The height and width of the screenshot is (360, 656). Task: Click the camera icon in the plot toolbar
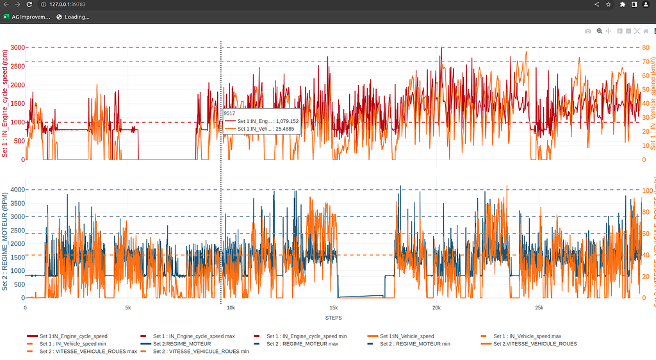[589, 31]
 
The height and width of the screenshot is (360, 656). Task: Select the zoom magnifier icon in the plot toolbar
[600, 31]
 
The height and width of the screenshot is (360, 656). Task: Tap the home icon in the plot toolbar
[646, 31]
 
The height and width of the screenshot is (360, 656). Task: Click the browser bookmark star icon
[608, 4]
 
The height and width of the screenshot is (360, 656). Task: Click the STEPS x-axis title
[333, 318]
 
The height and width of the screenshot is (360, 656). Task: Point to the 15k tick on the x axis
[334, 307]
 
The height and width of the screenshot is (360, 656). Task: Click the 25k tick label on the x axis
[539, 307]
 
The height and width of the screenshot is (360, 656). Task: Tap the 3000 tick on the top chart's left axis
[17, 47]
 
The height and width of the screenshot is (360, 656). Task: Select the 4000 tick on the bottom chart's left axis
[17, 190]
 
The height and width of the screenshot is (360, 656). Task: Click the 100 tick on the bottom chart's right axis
[647, 190]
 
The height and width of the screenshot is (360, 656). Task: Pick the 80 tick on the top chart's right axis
[646, 47]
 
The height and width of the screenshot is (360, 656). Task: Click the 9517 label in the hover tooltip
[229, 113]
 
